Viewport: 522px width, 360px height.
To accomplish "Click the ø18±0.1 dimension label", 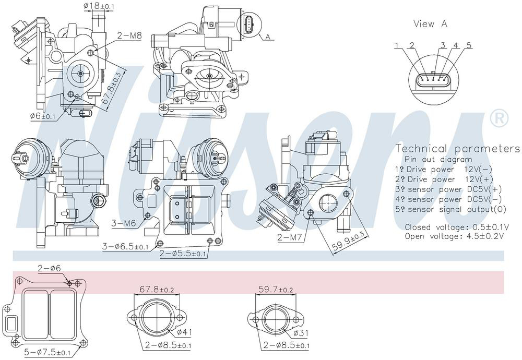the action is (99, 6).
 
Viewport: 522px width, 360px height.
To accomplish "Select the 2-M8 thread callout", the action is (129, 35).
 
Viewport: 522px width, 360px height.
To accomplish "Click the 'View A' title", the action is (431, 23).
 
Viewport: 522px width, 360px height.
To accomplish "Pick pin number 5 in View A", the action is (469, 45).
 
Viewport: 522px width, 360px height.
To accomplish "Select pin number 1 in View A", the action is (397, 45).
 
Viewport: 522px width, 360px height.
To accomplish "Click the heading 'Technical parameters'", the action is (457, 148).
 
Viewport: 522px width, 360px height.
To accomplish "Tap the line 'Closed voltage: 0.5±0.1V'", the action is (457, 227).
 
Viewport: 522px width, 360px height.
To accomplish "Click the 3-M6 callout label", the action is (124, 223).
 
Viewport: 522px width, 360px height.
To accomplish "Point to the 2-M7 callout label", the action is (289, 237).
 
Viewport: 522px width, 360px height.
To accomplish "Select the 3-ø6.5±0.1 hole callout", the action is (125, 247).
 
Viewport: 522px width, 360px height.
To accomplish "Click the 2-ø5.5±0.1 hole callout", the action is (183, 254).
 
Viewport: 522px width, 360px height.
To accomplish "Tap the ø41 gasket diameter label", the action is (184, 332).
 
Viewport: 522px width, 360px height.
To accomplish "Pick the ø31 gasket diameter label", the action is (301, 333).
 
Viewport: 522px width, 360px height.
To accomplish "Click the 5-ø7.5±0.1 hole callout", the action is (48, 352).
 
